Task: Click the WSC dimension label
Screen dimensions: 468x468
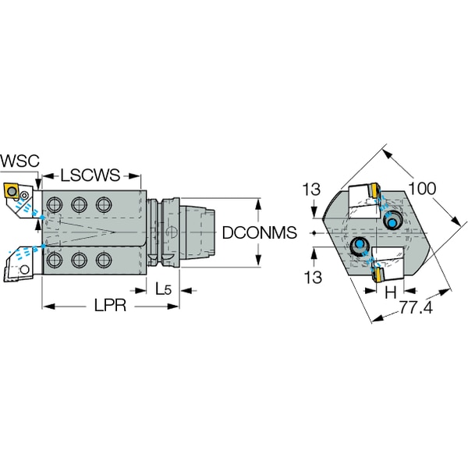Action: tap(18, 161)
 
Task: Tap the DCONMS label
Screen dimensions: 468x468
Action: tap(257, 232)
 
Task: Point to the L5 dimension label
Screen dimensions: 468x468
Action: tap(163, 289)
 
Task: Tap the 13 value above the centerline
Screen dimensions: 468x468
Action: tap(311, 189)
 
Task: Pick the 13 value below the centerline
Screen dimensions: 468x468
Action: tap(311, 277)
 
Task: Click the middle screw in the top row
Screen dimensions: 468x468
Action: tap(79, 205)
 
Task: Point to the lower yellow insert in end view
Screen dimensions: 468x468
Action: tap(376, 275)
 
